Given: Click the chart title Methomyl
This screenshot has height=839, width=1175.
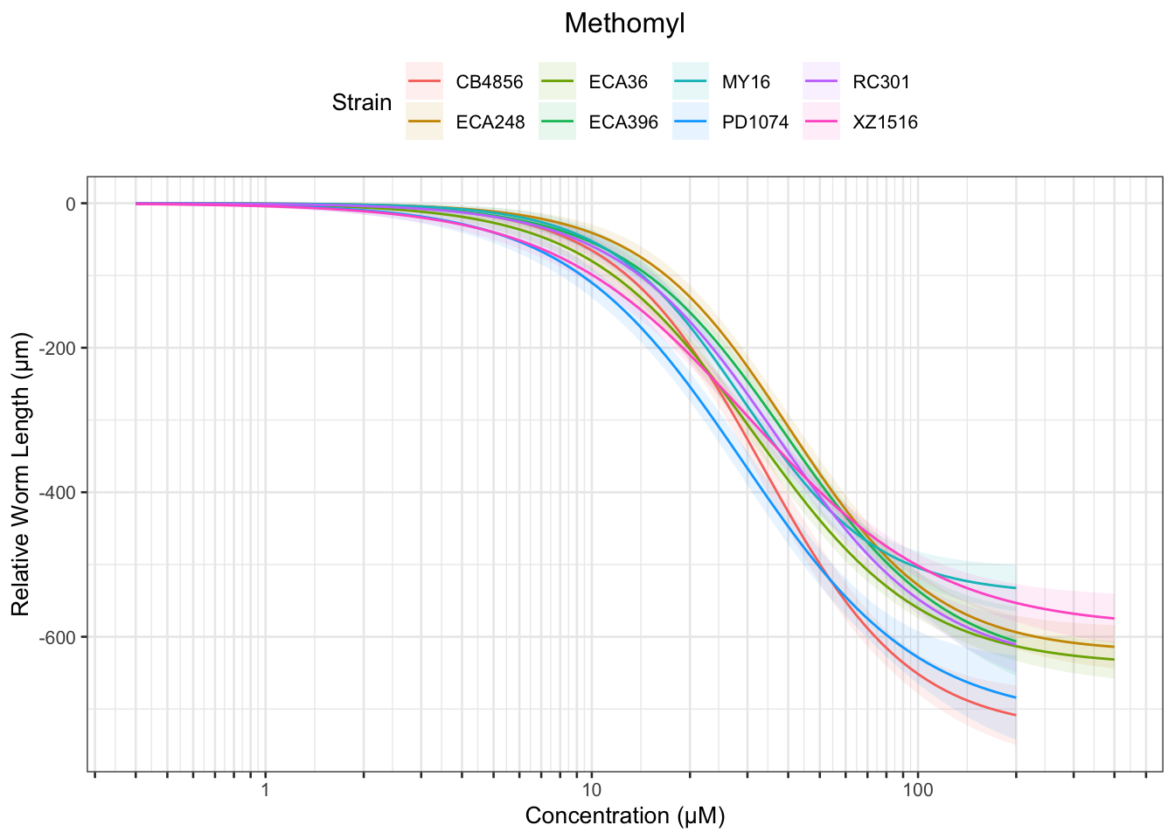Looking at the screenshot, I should (624, 24).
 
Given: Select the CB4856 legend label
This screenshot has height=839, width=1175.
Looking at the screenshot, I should (490, 83).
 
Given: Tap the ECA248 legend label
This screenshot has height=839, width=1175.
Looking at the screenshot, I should (490, 122).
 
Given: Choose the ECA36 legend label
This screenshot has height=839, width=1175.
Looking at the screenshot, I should (618, 83).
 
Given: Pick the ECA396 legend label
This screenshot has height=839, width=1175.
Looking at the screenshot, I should (623, 122).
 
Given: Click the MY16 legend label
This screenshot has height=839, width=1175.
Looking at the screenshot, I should (746, 83).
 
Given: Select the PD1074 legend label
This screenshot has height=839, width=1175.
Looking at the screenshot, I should (755, 122).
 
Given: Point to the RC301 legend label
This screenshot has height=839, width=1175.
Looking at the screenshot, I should (881, 83).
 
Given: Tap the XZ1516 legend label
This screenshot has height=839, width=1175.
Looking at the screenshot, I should (885, 122).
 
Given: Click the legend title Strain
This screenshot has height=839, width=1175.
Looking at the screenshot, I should (362, 103).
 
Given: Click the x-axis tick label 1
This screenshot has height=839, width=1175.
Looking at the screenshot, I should (265, 791).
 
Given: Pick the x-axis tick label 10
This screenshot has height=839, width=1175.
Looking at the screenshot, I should (591, 791).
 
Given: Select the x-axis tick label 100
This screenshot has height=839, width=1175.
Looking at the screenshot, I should (917, 791).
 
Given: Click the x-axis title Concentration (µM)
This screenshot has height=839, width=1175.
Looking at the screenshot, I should (625, 816).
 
